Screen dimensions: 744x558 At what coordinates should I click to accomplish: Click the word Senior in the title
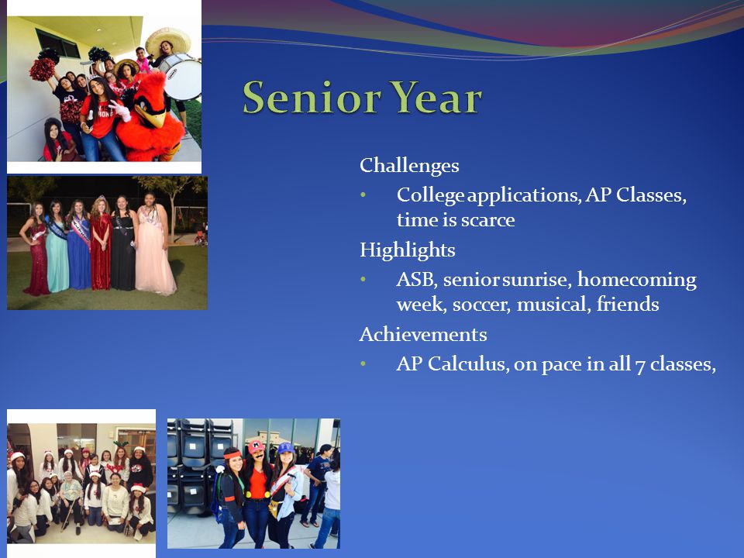[x=312, y=98]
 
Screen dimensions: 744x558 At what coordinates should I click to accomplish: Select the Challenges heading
[x=409, y=166]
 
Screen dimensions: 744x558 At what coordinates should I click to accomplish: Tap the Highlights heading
[x=407, y=250]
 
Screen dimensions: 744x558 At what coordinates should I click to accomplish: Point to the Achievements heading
[x=423, y=334]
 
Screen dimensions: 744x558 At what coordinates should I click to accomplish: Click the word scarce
[x=487, y=220]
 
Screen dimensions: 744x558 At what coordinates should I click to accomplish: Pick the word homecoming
[x=637, y=280]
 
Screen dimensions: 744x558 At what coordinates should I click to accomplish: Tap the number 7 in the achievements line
[x=640, y=366]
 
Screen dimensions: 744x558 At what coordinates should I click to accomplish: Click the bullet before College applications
[x=363, y=195]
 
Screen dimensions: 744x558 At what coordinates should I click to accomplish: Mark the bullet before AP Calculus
[x=363, y=363]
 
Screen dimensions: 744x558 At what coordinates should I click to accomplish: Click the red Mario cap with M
[x=257, y=446]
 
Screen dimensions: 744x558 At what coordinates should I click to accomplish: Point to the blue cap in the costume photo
[x=286, y=448]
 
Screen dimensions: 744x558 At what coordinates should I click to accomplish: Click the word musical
[x=553, y=305]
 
